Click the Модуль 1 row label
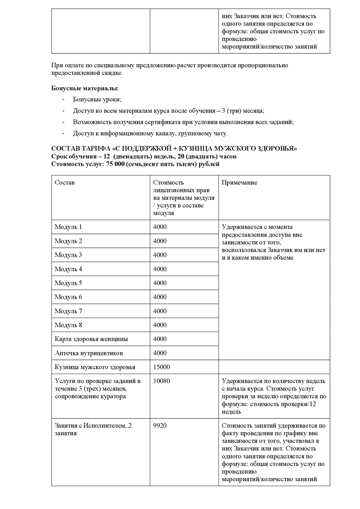click(x=68, y=227)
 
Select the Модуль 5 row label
click(x=68, y=283)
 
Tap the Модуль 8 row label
click(x=68, y=325)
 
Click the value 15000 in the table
click(x=161, y=367)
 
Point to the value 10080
click(x=161, y=381)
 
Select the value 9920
click(x=160, y=426)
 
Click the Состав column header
click(x=65, y=183)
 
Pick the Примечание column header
click(x=239, y=183)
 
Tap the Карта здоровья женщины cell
click(x=91, y=339)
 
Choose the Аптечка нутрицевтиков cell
click(x=89, y=353)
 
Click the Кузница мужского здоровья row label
click(x=95, y=367)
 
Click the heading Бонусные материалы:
click(x=85, y=88)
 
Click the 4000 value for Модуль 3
click(x=160, y=255)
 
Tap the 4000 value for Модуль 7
click(x=160, y=311)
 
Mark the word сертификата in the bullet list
click(x=162, y=122)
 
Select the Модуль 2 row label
click(x=68, y=241)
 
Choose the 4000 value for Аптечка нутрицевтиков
click(x=160, y=353)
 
